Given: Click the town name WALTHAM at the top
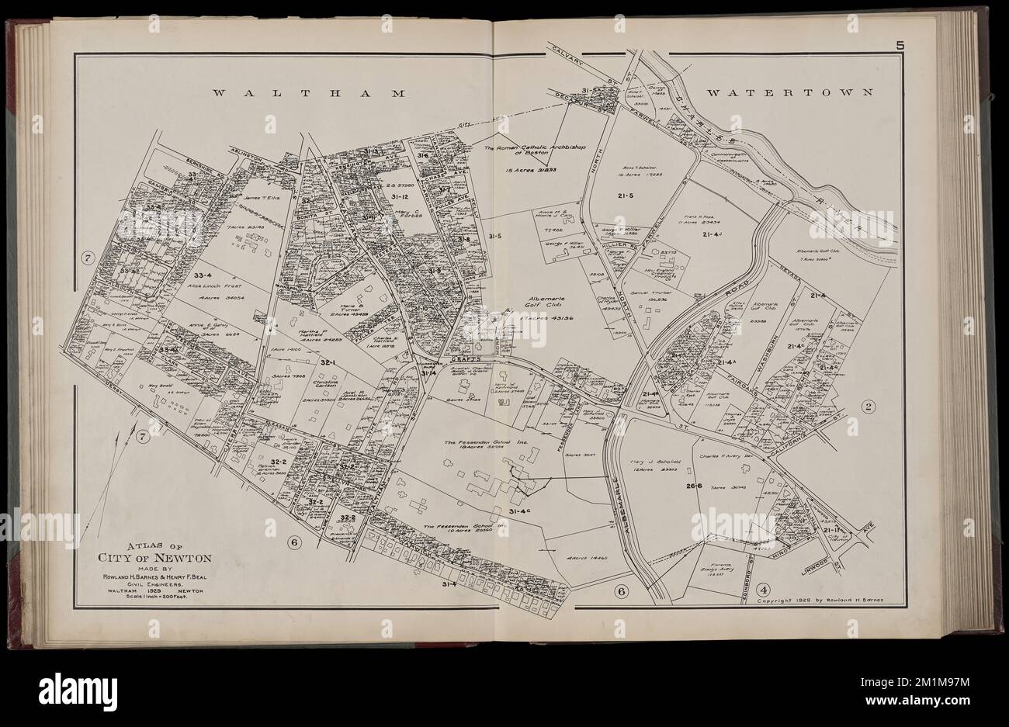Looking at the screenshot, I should (x=310, y=93).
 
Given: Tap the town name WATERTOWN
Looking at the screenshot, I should (x=790, y=92).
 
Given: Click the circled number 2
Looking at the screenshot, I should (x=869, y=406).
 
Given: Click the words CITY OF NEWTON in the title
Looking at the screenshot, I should (x=151, y=556).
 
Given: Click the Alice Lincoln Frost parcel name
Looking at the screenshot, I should (x=209, y=285).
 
